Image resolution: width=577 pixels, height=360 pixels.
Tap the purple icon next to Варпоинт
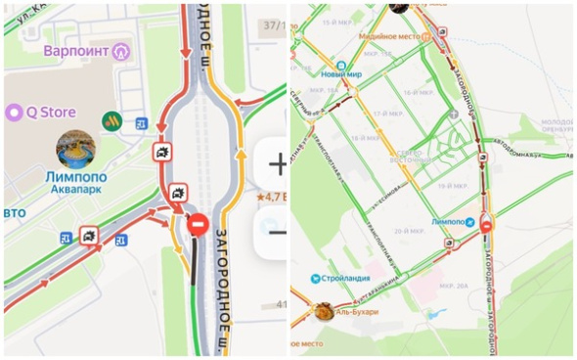click(x=120, y=50)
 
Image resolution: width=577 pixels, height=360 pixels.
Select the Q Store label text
click(x=50, y=112)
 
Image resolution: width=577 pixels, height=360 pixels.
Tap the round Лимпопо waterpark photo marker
click(x=75, y=150)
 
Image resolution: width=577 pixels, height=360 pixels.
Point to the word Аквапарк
click(x=75, y=190)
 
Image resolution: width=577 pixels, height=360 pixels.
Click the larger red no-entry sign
click(x=197, y=224)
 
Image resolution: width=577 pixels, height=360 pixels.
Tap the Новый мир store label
click(x=341, y=72)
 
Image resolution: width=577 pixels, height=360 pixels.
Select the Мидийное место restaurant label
click(x=388, y=36)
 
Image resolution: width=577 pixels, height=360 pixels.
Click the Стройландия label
click(x=342, y=279)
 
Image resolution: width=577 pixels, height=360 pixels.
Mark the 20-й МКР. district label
click(x=406, y=231)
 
